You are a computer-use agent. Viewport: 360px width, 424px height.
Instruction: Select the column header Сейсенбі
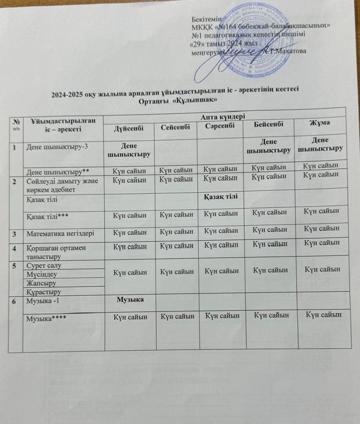[x=174, y=128]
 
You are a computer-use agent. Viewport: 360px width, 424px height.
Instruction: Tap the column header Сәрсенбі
[x=220, y=127]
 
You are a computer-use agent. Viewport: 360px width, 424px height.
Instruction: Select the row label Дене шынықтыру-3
[x=52, y=146]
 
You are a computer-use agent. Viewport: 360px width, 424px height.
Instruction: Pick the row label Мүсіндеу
[x=42, y=274]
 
